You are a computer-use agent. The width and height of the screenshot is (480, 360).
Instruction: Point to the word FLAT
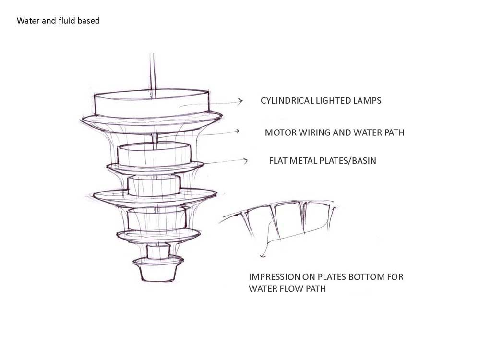(x=279, y=161)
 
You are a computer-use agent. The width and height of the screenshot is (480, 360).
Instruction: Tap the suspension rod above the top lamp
(x=152, y=72)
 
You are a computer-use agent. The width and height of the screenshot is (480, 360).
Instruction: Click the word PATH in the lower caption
(x=319, y=289)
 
